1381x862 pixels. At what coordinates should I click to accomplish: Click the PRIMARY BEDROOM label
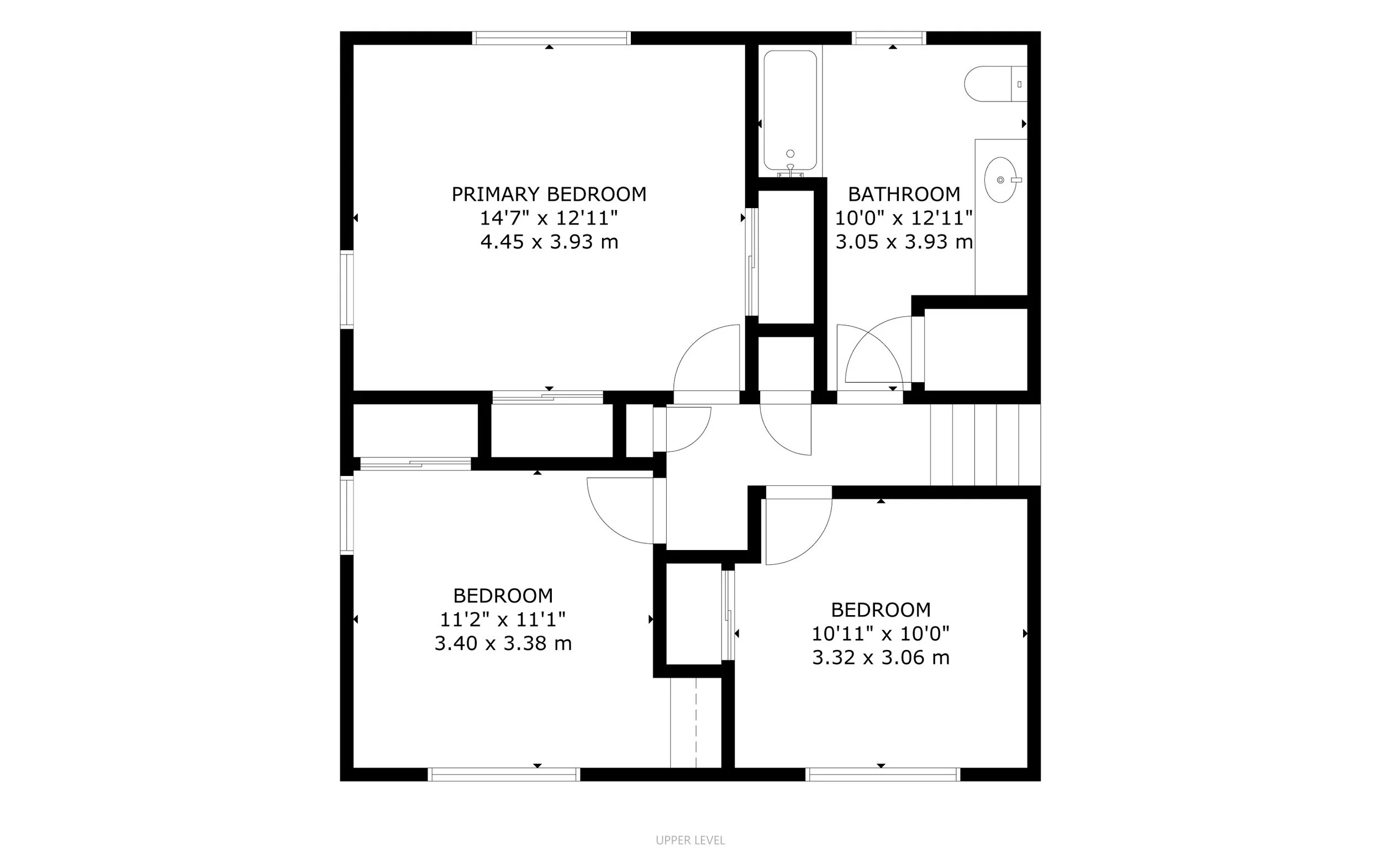549,194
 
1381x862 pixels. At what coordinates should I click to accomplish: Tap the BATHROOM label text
904,194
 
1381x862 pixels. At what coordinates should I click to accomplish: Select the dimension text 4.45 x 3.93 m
549,242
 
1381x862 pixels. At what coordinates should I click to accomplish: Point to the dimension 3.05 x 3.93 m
904,242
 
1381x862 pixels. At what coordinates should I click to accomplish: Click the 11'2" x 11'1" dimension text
503,619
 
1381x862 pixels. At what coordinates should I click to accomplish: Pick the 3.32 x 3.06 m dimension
881,658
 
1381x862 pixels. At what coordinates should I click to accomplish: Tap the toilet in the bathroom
995,84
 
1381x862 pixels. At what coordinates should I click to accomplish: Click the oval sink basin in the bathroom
1001,180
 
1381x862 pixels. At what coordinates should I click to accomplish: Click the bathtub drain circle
790,154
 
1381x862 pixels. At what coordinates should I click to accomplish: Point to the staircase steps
985,445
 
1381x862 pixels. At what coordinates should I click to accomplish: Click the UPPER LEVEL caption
690,840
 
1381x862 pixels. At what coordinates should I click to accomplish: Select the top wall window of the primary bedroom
551,38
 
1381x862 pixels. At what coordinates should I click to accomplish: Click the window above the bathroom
889,38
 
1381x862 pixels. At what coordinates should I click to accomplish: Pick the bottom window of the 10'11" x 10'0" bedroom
883,774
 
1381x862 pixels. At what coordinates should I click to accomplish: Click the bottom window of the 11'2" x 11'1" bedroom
504,774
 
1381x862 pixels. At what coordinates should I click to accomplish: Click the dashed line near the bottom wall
696,723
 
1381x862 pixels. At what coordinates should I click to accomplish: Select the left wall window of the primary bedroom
347,289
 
